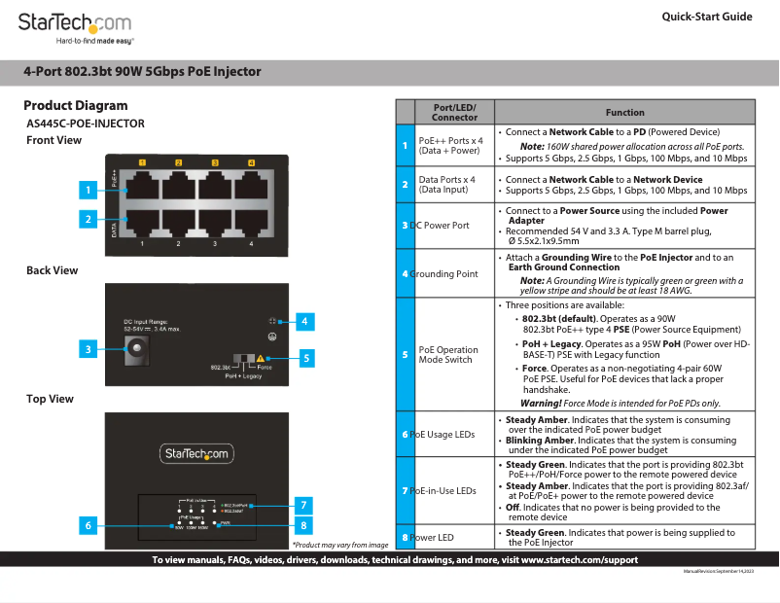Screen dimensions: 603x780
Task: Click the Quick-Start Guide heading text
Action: (x=706, y=17)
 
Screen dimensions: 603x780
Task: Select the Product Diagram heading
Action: (x=76, y=105)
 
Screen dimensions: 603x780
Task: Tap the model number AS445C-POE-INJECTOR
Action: (x=86, y=124)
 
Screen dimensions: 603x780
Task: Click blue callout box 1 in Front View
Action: (x=88, y=191)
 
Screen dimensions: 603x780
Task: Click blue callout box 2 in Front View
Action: (x=88, y=220)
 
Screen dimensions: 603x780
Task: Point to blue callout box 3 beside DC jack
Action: (x=88, y=349)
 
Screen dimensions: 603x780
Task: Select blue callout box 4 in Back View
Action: (x=304, y=321)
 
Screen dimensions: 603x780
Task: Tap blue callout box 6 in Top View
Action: (x=88, y=525)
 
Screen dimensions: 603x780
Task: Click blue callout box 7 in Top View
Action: (x=304, y=505)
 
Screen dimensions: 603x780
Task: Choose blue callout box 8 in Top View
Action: (x=304, y=525)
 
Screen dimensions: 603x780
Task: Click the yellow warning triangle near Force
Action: (x=260, y=359)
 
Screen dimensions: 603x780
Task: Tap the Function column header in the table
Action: (x=624, y=113)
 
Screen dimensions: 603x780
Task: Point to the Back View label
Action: (x=53, y=270)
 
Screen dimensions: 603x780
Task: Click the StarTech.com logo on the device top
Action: (x=195, y=453)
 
